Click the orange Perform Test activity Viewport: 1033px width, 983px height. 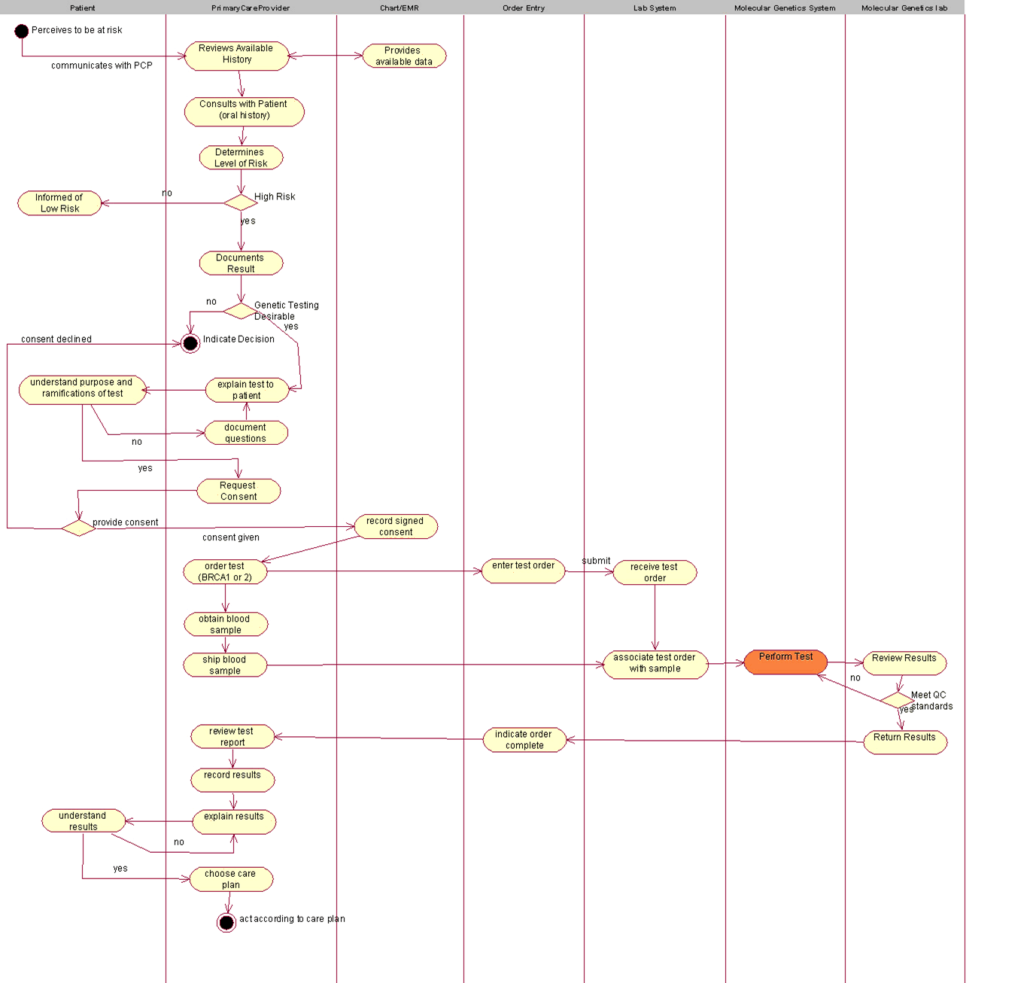(x=785, y=662)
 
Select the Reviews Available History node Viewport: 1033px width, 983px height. (x=236, y=56)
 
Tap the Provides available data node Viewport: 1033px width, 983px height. (x=404, y=56)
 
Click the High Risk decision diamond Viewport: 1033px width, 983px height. (x=241, y=202)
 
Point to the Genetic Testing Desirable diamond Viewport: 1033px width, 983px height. (x=241, y=311)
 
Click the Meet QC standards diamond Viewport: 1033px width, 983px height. (x=898, y=700)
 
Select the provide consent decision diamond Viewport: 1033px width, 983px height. (x=78, y=528)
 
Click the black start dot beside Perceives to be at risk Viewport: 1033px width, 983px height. (x=22, y=31)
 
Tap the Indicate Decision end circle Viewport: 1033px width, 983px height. (x=190, y=343)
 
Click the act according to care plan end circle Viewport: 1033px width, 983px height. (x=226, y=922)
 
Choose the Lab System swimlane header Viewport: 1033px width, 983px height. (x=654, y=8)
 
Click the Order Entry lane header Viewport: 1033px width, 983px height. (x=524, y=8)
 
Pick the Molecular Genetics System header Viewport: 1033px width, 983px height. (x=785, y=8)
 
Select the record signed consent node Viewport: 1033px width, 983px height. (x=396, y=526)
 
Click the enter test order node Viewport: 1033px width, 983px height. (x=524, y=571)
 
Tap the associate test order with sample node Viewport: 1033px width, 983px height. (x=655, y=665)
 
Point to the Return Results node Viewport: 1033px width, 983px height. (x=905, y=741)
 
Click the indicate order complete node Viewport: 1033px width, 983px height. (x=524, y=740)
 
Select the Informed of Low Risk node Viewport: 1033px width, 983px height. (x=59, y=203)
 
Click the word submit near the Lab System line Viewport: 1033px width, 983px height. (x=596, y=561)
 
